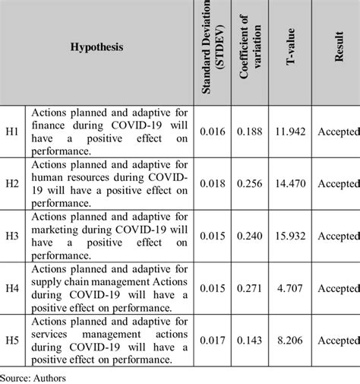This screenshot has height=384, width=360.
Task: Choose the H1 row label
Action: pyautogui.click(x=12, y=132)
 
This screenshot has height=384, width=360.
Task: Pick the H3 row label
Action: pyautogui.click(x=12, y=236)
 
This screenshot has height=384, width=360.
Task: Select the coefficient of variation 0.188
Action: pyautogui.click(x=251, y=132)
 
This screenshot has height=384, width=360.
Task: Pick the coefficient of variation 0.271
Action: pyautogui.click(x=251, y=289)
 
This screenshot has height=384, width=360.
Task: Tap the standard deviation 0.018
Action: pyautogui.click(x=212, y=184)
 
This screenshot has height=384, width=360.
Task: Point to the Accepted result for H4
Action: pyautogui.click(x=338, y=289)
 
